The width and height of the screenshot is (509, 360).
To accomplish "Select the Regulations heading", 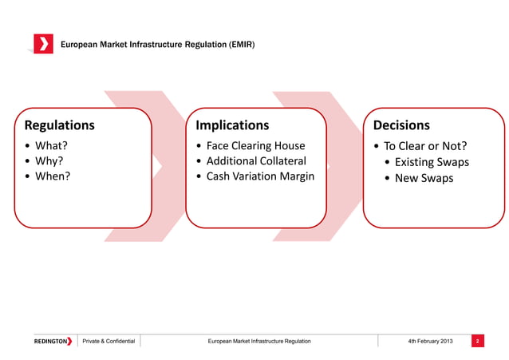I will [60, 125].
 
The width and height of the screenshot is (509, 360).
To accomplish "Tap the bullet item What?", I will [51, 146].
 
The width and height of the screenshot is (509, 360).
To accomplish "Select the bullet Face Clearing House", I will [255, 146].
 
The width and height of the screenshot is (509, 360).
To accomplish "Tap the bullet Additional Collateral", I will [256, 161].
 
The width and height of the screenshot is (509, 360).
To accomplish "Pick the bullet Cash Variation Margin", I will [260, 176].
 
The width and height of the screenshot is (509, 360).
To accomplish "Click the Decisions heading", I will [396, 125].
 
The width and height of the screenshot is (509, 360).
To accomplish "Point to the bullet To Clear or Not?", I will [425, 146].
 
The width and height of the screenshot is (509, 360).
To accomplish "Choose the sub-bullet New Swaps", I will [424, 178].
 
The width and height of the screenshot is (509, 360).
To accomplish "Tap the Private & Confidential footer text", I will [109, 342].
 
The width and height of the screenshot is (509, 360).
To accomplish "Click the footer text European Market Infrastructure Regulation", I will [258, 342].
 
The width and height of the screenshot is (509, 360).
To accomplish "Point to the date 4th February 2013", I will [430, 342].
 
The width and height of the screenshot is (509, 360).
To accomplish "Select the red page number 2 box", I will [476, 342].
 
